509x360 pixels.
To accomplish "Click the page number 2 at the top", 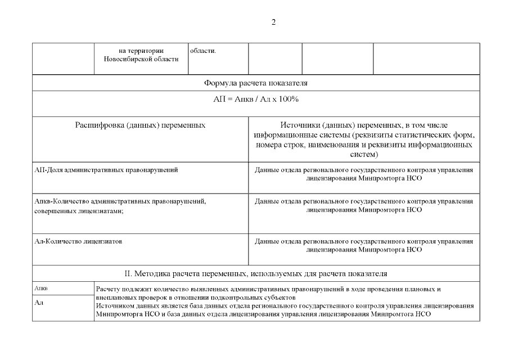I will pos(273,22).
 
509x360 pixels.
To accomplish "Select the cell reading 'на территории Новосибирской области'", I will pos(141,55).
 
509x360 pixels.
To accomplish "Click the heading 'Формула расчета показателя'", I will pos(256,83).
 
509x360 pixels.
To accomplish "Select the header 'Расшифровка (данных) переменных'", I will pos(140,125).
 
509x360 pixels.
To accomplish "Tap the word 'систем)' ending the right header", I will pos(364,154).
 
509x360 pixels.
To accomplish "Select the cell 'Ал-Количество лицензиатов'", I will pos(79,241).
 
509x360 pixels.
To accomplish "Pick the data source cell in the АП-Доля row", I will pos(364,174).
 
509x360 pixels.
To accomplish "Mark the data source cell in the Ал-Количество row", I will pos(364,245).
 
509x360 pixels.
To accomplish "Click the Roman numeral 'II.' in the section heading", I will pos(128,274).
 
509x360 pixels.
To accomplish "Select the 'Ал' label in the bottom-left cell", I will pos(39,303).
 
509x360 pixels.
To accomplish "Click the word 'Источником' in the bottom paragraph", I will pos(114,305).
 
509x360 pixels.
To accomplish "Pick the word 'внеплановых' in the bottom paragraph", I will pos(116,297).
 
